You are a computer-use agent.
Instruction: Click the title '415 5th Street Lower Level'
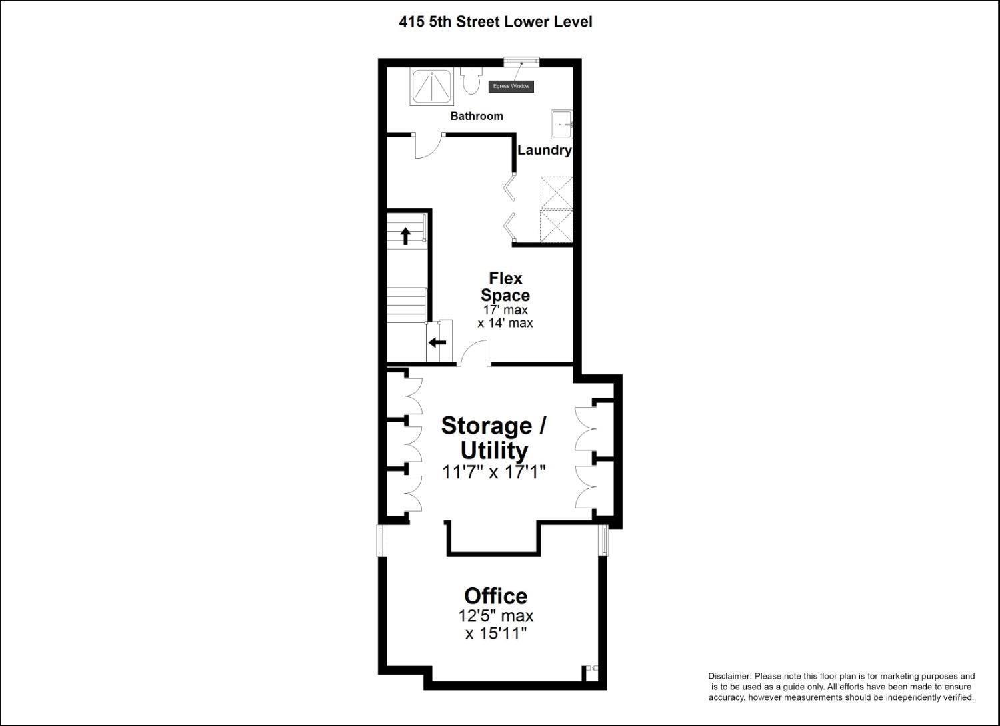(495, 22)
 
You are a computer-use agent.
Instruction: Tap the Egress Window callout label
(511, 87)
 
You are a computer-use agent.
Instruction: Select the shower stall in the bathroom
(431, 87)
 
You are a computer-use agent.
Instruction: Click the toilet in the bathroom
(470, 82)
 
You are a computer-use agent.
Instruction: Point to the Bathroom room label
(477, 116)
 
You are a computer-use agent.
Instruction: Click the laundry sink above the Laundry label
(561, 123)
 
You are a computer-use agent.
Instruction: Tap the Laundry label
(544, 150)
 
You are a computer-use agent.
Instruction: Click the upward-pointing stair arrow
(405, 236)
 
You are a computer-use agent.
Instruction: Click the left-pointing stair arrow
(437, 343)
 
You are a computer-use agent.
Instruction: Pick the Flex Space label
(505, 286)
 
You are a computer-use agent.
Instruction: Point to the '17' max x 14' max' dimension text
(505, 317)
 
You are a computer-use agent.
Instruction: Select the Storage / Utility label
(494, 438)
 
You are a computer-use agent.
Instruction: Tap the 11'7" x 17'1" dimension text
(494, 472)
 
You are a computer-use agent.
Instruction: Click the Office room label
(495, 595)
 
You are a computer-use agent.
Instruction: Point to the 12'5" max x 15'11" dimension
(496, 625)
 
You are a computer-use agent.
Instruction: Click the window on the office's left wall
(382, 540)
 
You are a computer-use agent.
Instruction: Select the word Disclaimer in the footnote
(729, 676)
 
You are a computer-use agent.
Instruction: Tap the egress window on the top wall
(521, 61)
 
